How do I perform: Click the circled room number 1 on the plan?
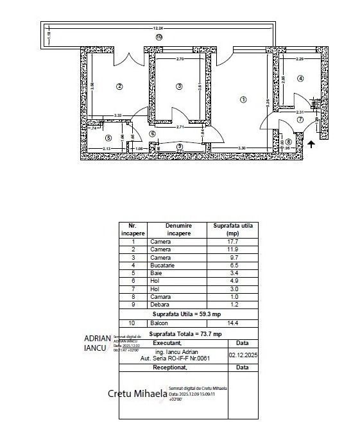[243, 99]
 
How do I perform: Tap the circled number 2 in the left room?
[119, 87]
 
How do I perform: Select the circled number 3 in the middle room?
[179, 87]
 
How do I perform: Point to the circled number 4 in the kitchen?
[300, 78]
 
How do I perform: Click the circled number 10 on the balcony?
[159, 37]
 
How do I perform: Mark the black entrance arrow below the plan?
[311, 144]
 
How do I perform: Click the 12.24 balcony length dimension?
[159, 28]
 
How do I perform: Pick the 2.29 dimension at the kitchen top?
[300, 59]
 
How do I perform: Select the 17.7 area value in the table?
[234, 242]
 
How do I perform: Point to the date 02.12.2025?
[242, 353]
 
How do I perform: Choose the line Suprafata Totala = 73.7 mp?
[185, 334]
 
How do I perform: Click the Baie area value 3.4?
[234, 273]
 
